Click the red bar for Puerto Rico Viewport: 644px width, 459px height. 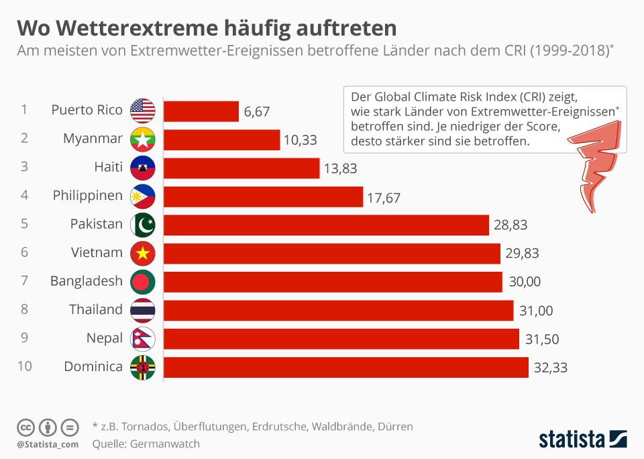(201, 111)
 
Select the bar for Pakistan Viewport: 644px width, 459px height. (326, 225)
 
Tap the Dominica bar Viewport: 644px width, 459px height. (345, 367)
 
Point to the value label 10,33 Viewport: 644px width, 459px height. (301, 140)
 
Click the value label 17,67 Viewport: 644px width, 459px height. (383, 197)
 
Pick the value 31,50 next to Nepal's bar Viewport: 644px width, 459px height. (541, 339)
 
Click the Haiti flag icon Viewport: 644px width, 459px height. (143, 168)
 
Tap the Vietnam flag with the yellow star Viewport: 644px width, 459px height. (143, 253)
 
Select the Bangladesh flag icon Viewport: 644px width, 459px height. (143, 282)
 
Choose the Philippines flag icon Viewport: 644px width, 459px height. (143, 197)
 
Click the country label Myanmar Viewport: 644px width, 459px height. (93, 139)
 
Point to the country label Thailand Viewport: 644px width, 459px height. (96, 309)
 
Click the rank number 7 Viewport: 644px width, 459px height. (24, 281)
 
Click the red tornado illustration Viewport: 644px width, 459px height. (596, 168)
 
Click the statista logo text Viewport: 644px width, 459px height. (572, 440)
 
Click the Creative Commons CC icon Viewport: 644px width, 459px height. (26, 427)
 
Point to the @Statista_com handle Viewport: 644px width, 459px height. (48, 444)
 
